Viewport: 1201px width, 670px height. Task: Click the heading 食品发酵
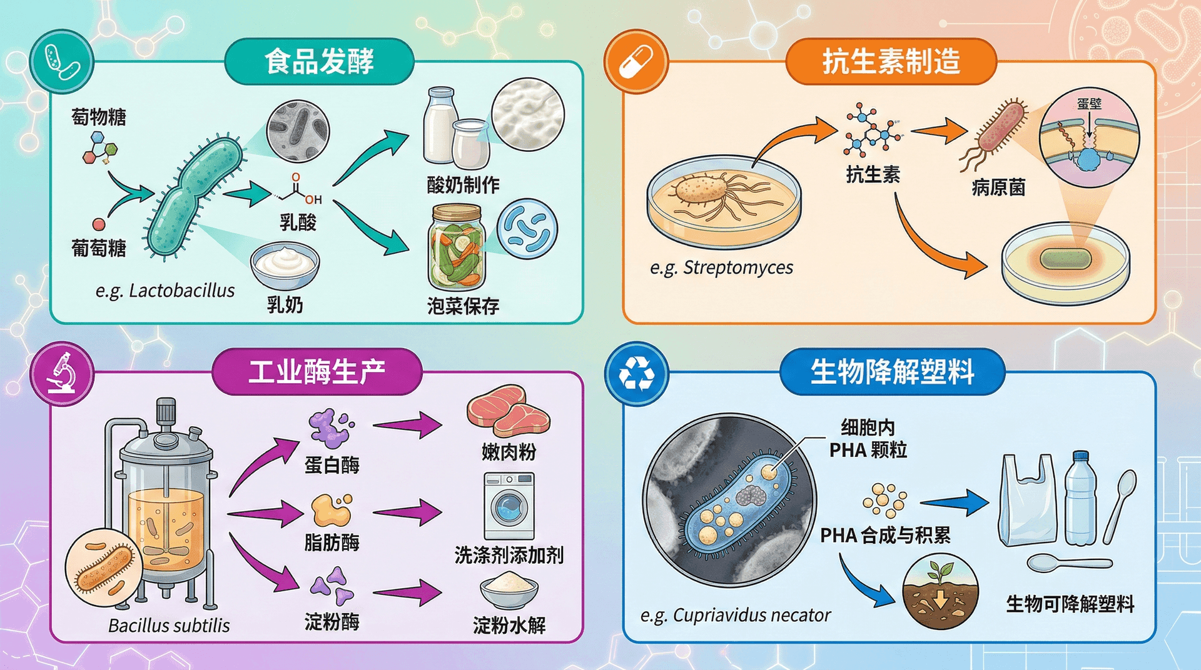click(319, 61)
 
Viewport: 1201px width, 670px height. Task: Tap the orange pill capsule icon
click(636, 62)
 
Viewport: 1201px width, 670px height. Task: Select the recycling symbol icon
click(636, 373)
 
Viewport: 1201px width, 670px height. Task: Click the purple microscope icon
click(62, 373)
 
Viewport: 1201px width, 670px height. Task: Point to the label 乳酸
click(298, 222)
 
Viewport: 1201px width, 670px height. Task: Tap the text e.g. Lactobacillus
click(165, 291)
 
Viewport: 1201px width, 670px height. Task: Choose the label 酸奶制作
click(463, 185)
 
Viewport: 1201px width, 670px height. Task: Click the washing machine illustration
click(509, 506)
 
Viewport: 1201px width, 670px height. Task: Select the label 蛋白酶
click(332, 465)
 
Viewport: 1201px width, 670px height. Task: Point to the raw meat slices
click(508, 411)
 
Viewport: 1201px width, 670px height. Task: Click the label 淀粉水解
click(509, 625)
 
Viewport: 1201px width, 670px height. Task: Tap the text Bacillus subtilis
click(169, 626)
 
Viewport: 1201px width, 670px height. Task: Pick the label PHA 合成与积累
click(885, 536)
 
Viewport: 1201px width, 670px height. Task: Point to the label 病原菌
click(998, 187)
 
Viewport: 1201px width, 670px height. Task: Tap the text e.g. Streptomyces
click(721, 267)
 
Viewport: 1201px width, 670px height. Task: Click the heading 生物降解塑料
click(892, 372)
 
